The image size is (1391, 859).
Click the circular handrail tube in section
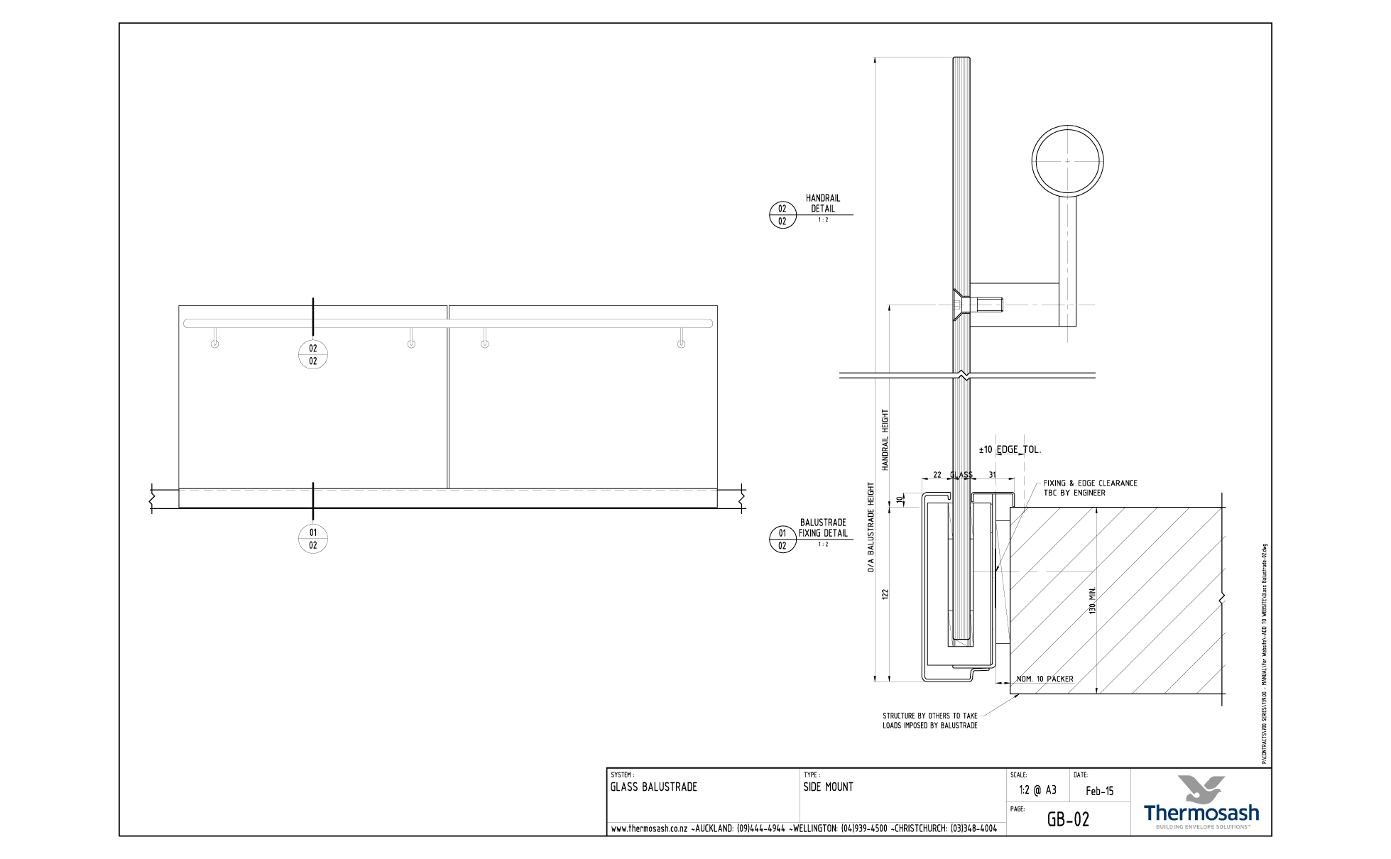(x=1067, y=161)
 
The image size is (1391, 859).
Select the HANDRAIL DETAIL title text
(x=823, y=204)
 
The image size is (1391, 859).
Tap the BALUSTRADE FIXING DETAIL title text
(x=823, y=527)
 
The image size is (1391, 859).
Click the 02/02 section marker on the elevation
(x=312, y=354)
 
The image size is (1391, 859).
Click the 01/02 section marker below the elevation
(x=312, y=539)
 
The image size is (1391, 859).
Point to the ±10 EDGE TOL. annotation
(x=1010, y=449)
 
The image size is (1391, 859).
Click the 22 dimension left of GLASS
(x=937, y=475)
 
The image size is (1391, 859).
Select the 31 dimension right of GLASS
(x=992, y=475)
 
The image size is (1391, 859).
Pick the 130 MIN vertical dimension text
(x=1093, y=601)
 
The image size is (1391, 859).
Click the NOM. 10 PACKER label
(x=1044, y=679)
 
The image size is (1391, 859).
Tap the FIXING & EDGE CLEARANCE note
(x=1089, y=488)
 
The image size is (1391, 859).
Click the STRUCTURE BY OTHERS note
(x=929, y=721)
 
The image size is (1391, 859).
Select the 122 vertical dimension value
(x=885, y=594)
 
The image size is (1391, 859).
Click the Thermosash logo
(x=1201, y=802)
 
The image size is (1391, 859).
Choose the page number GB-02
(x=1068, y=820)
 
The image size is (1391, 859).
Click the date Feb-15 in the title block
(x=1099, y=791)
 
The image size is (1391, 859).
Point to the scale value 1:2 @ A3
(x=1037, y=790)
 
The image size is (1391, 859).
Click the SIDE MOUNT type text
(x=828, y=787)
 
